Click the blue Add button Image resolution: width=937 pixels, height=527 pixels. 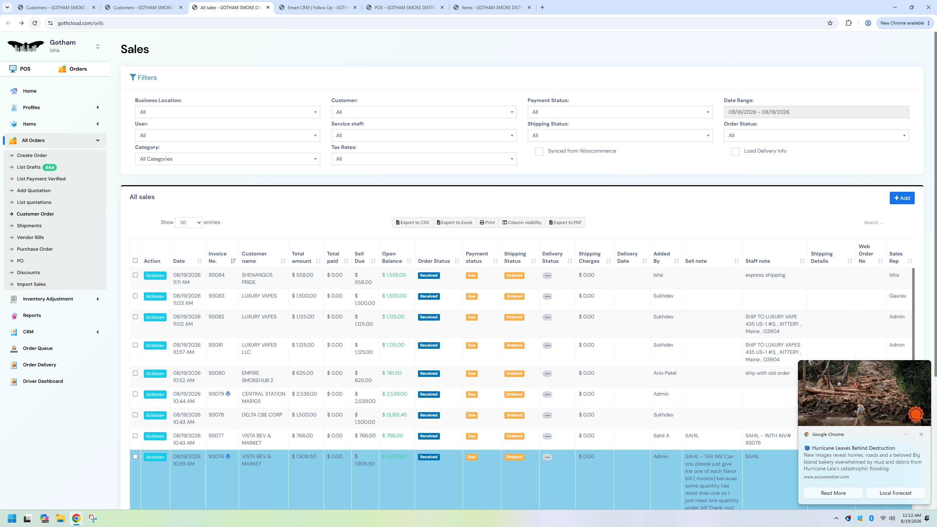pyautogui.click(x=902, y=198)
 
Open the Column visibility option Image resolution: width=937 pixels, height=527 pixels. pyautogui.click(x=522, y=223)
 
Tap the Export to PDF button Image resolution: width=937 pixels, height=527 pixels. pyautogui.click(x=565, y=223)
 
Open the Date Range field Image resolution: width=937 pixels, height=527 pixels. pyautogui.click(x=816, y=112)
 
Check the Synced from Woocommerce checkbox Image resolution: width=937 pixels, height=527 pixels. pyautogui.click(x=539, y=152)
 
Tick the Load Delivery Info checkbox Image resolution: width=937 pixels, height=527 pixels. pyautogui.click(x=735, y=152)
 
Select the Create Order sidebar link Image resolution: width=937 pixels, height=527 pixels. pyautogui.click(x=32, y=155)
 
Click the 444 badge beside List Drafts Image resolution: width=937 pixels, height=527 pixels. pyautogui.click(x=49, y=167)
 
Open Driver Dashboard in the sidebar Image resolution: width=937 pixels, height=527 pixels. pyautogui.click(x=43, y=381)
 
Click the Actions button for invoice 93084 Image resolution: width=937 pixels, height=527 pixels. pyautogui.click(x=155, y=276)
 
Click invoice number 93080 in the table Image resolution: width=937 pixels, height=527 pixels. pyautogui.click(x=217, y=373)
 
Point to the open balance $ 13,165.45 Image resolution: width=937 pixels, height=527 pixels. pyautogui.click(x=394, y=415)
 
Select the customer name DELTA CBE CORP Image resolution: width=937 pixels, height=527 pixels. pyautogui.click(x=262, y=415)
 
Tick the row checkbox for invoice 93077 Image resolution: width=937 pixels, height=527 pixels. pyautogui.click(x=135, y=436)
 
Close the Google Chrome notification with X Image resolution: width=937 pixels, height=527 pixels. pyautogui.click(x=921, y=434)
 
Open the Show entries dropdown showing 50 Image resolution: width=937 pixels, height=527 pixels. pyautogui.click(x=188, y=223)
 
